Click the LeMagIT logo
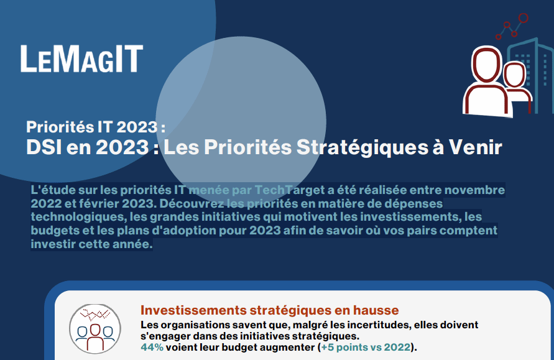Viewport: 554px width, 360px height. coord(81,58)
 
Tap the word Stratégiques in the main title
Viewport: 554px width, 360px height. coord(362,147)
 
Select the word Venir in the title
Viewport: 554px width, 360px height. coord(476,147)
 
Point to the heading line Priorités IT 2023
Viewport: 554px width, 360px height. coord(96,127)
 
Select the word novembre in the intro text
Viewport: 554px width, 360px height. coord(474,190)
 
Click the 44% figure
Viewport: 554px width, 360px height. coord(152,348)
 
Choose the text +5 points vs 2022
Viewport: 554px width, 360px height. coord(366,348)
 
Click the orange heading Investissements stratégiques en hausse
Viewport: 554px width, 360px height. coord(270,310)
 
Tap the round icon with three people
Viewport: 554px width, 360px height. coord(95,329)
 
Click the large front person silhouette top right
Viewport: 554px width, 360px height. coord(487,82)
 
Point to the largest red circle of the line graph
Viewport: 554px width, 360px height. coord(524,18)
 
